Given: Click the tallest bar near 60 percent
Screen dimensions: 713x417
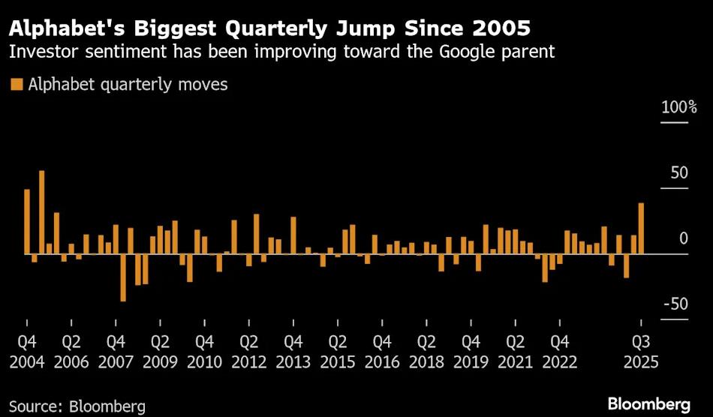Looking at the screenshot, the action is [x=42, y=212].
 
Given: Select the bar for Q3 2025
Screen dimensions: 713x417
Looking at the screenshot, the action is [x=641, y=228].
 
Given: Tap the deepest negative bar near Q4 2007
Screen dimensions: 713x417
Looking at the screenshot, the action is [x=123, y=277].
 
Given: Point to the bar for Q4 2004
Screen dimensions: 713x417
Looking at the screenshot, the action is [x=27, y=221].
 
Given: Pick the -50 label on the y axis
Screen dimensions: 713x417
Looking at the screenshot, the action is [x=676, y=304].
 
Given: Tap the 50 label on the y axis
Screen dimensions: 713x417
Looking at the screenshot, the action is [x=679, y=173].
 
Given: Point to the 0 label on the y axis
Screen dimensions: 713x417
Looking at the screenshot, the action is [x=684, y=238].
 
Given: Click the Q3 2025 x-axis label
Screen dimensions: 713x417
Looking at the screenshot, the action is [x=641, y=352].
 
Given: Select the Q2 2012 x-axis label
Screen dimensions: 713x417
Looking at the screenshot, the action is [x=248, y=352].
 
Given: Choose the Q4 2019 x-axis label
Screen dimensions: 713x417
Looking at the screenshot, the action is [x=471, y=352].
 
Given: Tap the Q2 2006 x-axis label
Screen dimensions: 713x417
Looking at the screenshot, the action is [x=71, y=352].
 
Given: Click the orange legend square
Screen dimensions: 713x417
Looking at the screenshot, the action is [x=17, y=85].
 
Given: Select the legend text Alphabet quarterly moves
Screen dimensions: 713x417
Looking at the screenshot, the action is [x=128, y=85].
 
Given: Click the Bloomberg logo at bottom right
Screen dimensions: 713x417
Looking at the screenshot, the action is [x=649, y=404].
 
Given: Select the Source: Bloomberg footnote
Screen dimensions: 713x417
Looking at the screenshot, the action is [x=77, y=406].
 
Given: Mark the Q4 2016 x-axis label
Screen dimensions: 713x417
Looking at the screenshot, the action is [x=382, y=352].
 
